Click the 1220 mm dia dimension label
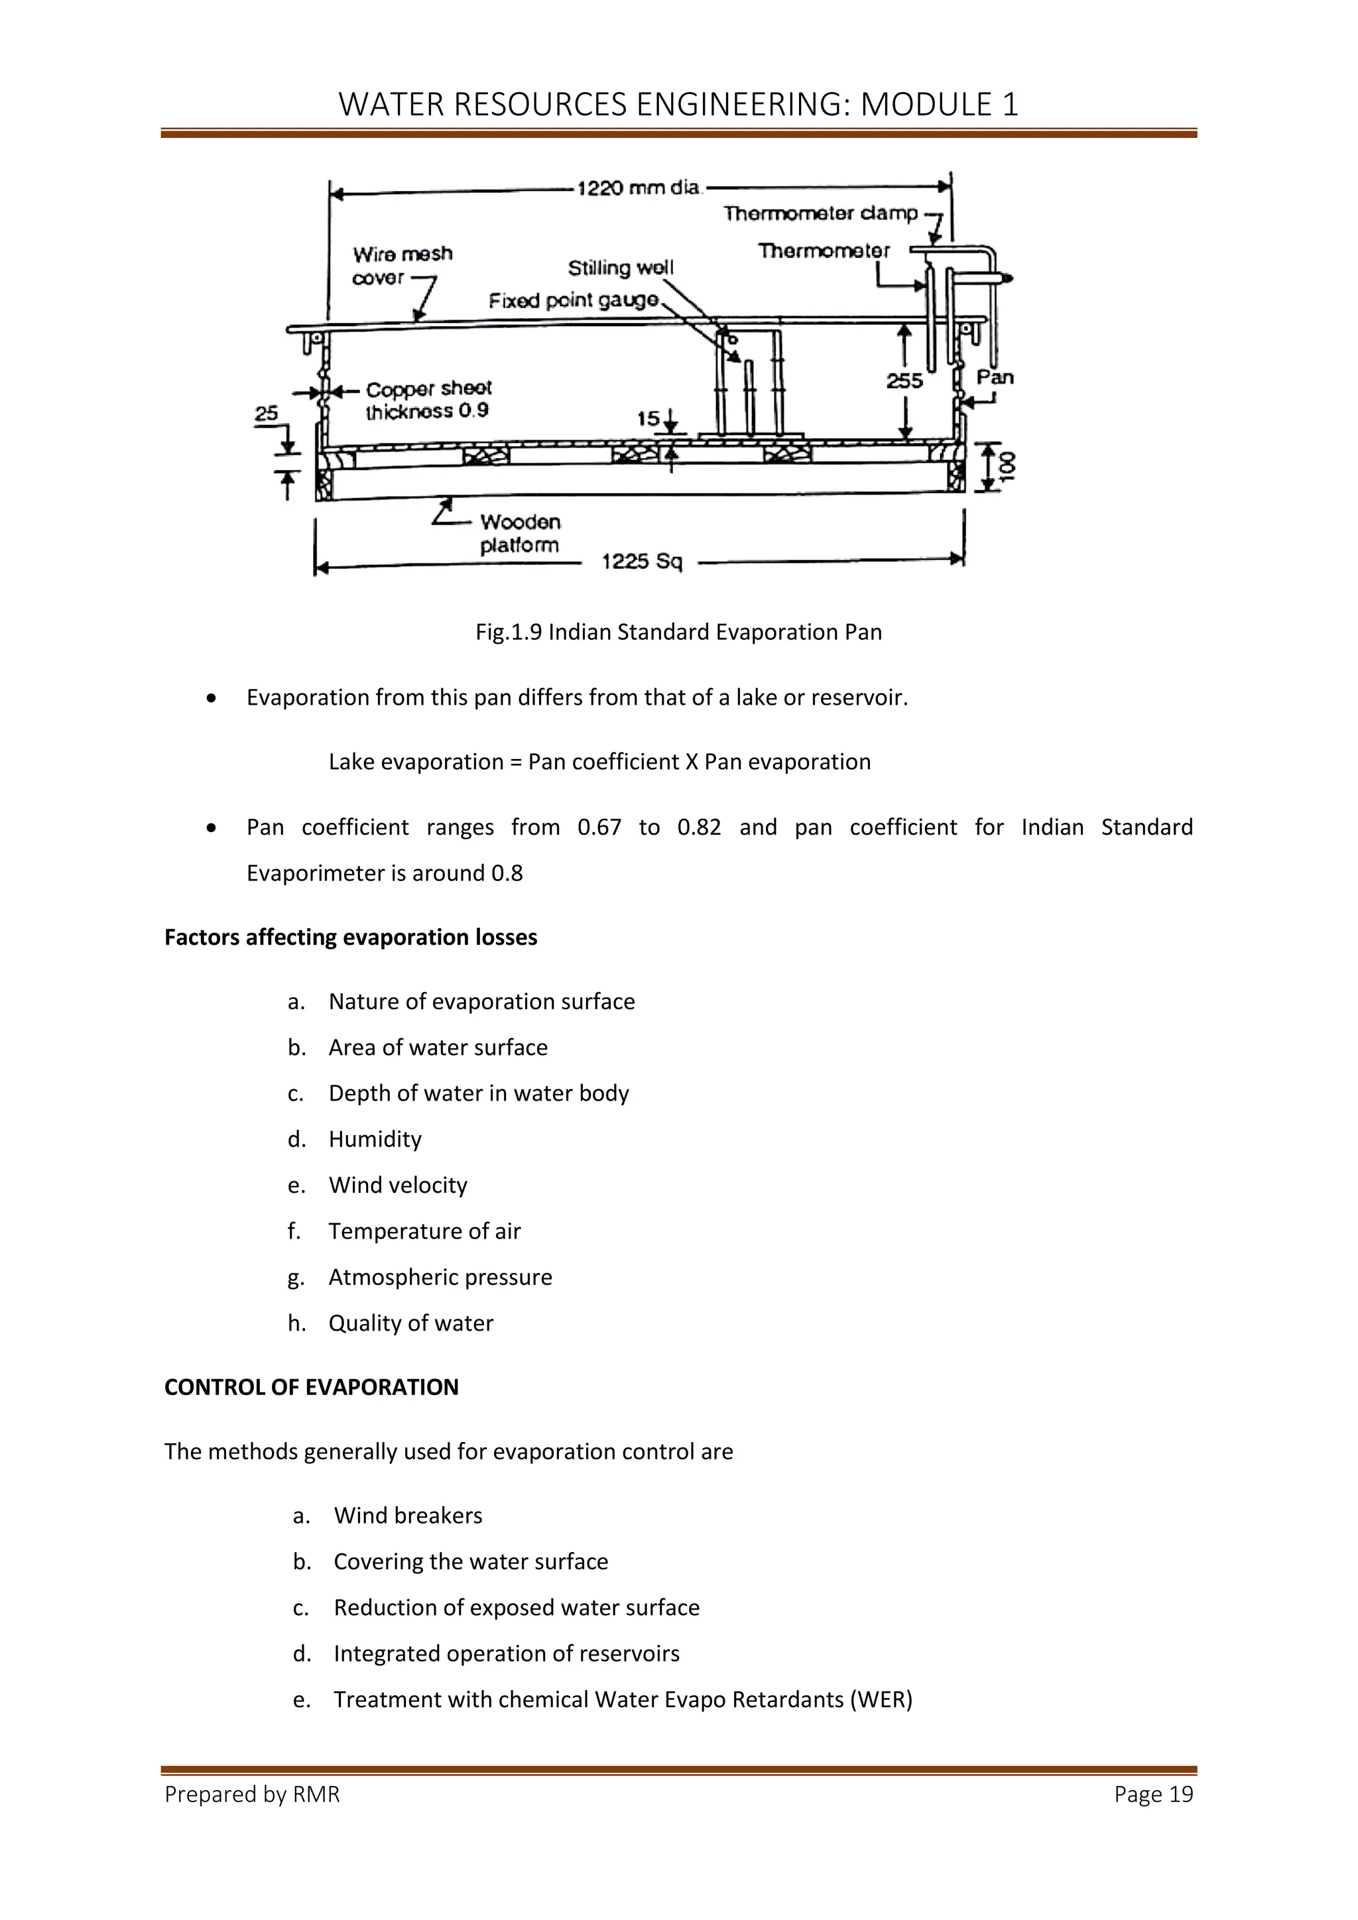(x=638, y=188)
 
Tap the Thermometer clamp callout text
(x=820, y=214)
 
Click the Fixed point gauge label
(x=574, y=300)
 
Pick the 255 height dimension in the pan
(x=904, y=381)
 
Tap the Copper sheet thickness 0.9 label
(x=428, y=400)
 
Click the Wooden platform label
(x=519, y=534)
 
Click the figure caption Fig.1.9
(x=678, y=632)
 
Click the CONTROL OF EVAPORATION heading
(x=311, y=1388)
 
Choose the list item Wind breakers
(x=408, y=1516)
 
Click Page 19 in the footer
(x=1153, y=1795)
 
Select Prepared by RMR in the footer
(x=252, y=1795)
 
